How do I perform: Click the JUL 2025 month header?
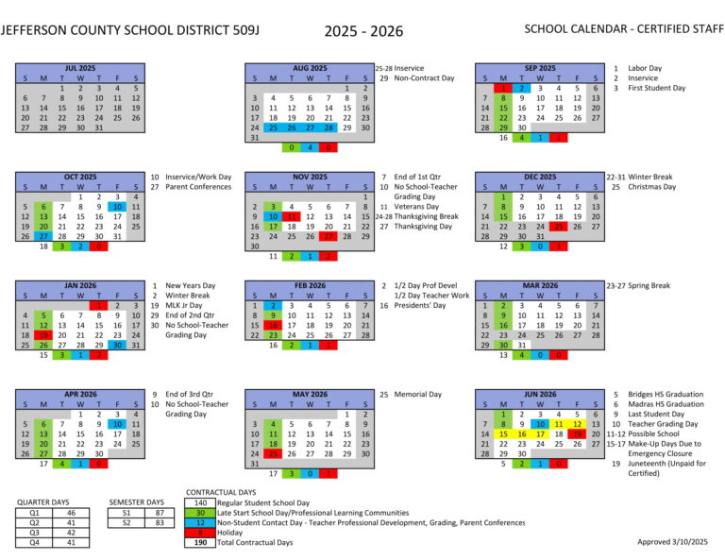pyautogui.click(x=80, y=69)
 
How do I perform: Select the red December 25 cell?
pyautogui.click(x=559, y=227)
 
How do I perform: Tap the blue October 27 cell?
pyautogui.click(x=43, y=236)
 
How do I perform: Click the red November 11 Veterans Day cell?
pyautogui.click(x=292, y=216)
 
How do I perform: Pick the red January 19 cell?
pyautogui.click(x=43, y=334)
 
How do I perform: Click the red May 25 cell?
pyautogui.click(x=273, y=452)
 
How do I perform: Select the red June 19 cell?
pyautogui.click(x=578, y=433)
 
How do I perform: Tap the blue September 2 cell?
pyautogui.click(x=522, y=88)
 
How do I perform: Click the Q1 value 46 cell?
pyautogui.click(x=71, y=512)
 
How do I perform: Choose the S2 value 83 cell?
pyautogui.click(x=160, y=521)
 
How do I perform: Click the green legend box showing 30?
pyautogui.click(x=200, y=512)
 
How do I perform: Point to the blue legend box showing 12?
pyautogui.click(x=200, y=522)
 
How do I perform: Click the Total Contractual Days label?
pyautogui.click(x=255, y=542)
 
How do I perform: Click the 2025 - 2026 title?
pyautogui.click(x=363, y=31)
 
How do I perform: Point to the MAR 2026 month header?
pyautogui.click(x=540, y=285)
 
